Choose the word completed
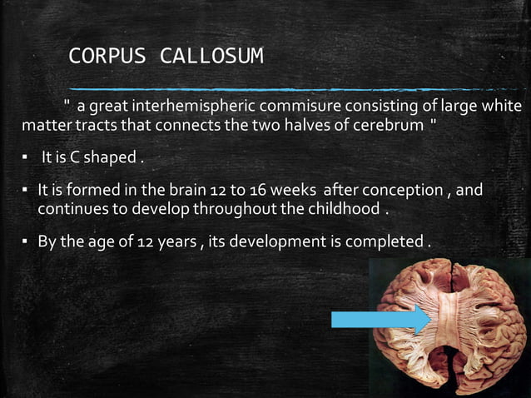391,242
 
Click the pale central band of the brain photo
449,321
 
